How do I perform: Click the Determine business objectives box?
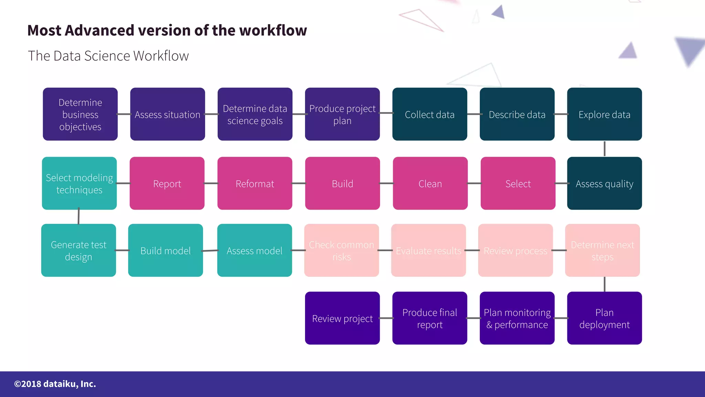(x=80, y=114)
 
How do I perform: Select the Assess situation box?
(x=168, y=114)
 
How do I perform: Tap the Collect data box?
(x=430, y=114)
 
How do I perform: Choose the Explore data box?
(x=604, y=114)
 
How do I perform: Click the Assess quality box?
(x=604, y=183)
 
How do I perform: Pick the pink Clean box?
(x=430, y=183)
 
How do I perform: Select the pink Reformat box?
(x=255, y=183)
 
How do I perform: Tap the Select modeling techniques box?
(x=79, y=183)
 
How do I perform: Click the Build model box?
(x=166, y=250)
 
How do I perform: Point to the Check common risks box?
(x=341, y=250)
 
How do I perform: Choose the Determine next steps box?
(x=602, y=250)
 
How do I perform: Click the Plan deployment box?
(x=604, y=318)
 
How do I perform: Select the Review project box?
(x=343, y=318)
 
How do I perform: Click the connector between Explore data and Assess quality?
(x=604, y=149)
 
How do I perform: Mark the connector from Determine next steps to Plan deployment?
(x=604, y=284)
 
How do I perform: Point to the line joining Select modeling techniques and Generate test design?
(x=79, y=216)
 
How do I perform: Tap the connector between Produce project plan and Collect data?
(x=386, y=113)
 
